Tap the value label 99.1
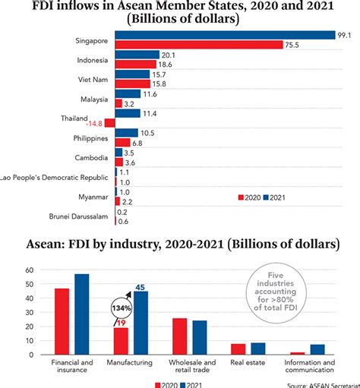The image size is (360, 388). point(346,35)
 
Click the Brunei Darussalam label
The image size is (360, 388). point(78,217)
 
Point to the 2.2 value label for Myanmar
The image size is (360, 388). point(127,201)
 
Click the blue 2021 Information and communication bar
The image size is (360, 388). point(317,349)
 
